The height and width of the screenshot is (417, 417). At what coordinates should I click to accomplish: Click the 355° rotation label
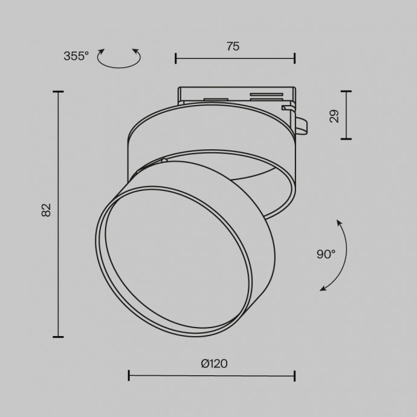(x=76, y=56)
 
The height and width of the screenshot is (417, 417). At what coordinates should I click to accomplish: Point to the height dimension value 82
(x=47, y=210)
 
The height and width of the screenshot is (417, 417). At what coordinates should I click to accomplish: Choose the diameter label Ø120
(x=214, y=363)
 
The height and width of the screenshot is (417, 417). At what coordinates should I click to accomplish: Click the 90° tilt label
(x=325, y=254)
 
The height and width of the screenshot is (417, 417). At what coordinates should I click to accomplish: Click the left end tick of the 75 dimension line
(x=176, y=58)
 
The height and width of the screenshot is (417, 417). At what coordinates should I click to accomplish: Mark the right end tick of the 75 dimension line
(x=295, y=58)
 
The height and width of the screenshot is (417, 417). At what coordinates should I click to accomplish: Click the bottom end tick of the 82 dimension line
(x=58, y=337)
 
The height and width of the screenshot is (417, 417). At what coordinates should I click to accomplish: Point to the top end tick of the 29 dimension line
(x=346, y=91)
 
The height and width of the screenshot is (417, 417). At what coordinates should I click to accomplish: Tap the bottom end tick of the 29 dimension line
(x=346, y=139)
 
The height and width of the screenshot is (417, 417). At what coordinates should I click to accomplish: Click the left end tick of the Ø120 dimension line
(x=129, y=376)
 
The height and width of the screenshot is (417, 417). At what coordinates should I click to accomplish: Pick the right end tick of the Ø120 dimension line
(x=295, y=376)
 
